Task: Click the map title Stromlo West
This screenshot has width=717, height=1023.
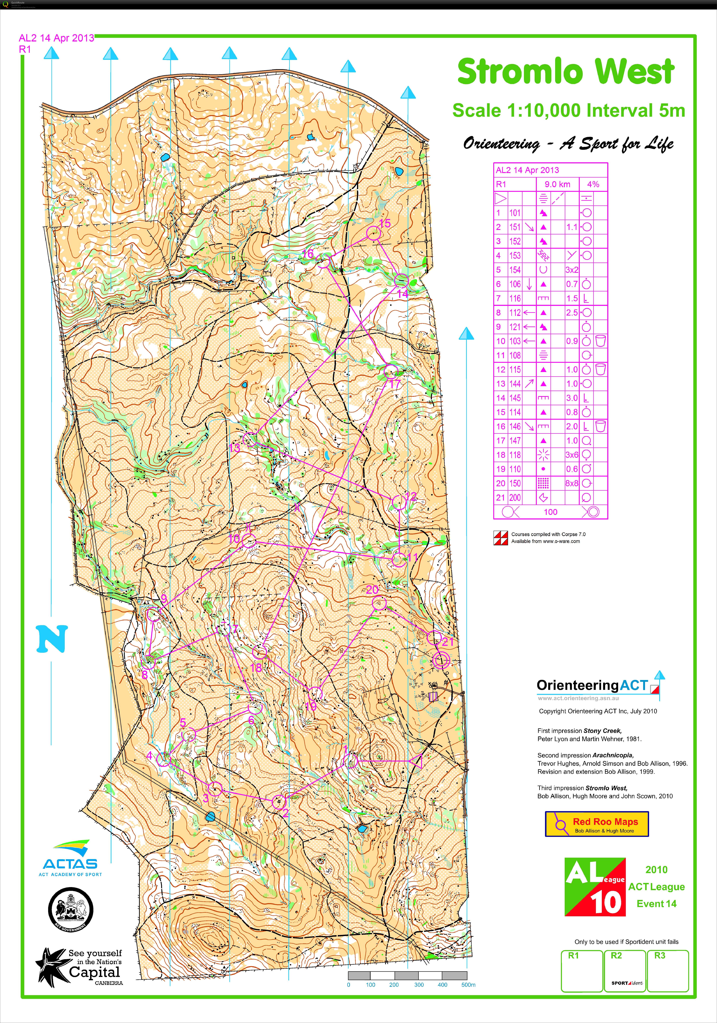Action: pyautogui.click(x=565, y=72)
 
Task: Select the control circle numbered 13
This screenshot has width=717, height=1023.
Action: pyautogui.click(x=251, y=439)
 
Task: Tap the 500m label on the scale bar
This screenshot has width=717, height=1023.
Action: pyautogui.click(x=468, y=985)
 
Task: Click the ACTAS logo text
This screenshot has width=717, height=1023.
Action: pyautogui.click(x=70, y=863)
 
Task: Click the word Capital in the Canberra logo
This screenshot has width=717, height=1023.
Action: pyautogui.click(x=95, y=972)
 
